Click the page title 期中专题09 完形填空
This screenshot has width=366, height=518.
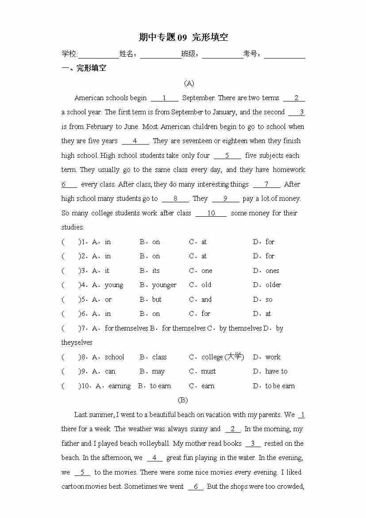click(x=183, y=37)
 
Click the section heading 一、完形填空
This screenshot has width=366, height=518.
click(x=84, y=68)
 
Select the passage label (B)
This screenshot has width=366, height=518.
click(x=183, y=400)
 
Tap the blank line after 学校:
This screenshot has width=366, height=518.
click(x=98, y=55)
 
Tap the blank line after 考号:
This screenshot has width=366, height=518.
click(x=285, y=55)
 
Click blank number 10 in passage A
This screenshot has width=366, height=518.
click(x=211, y=213)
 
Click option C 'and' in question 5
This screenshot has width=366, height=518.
click(x=206, y=300)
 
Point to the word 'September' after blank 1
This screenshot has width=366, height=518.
click(x=198, y=98)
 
